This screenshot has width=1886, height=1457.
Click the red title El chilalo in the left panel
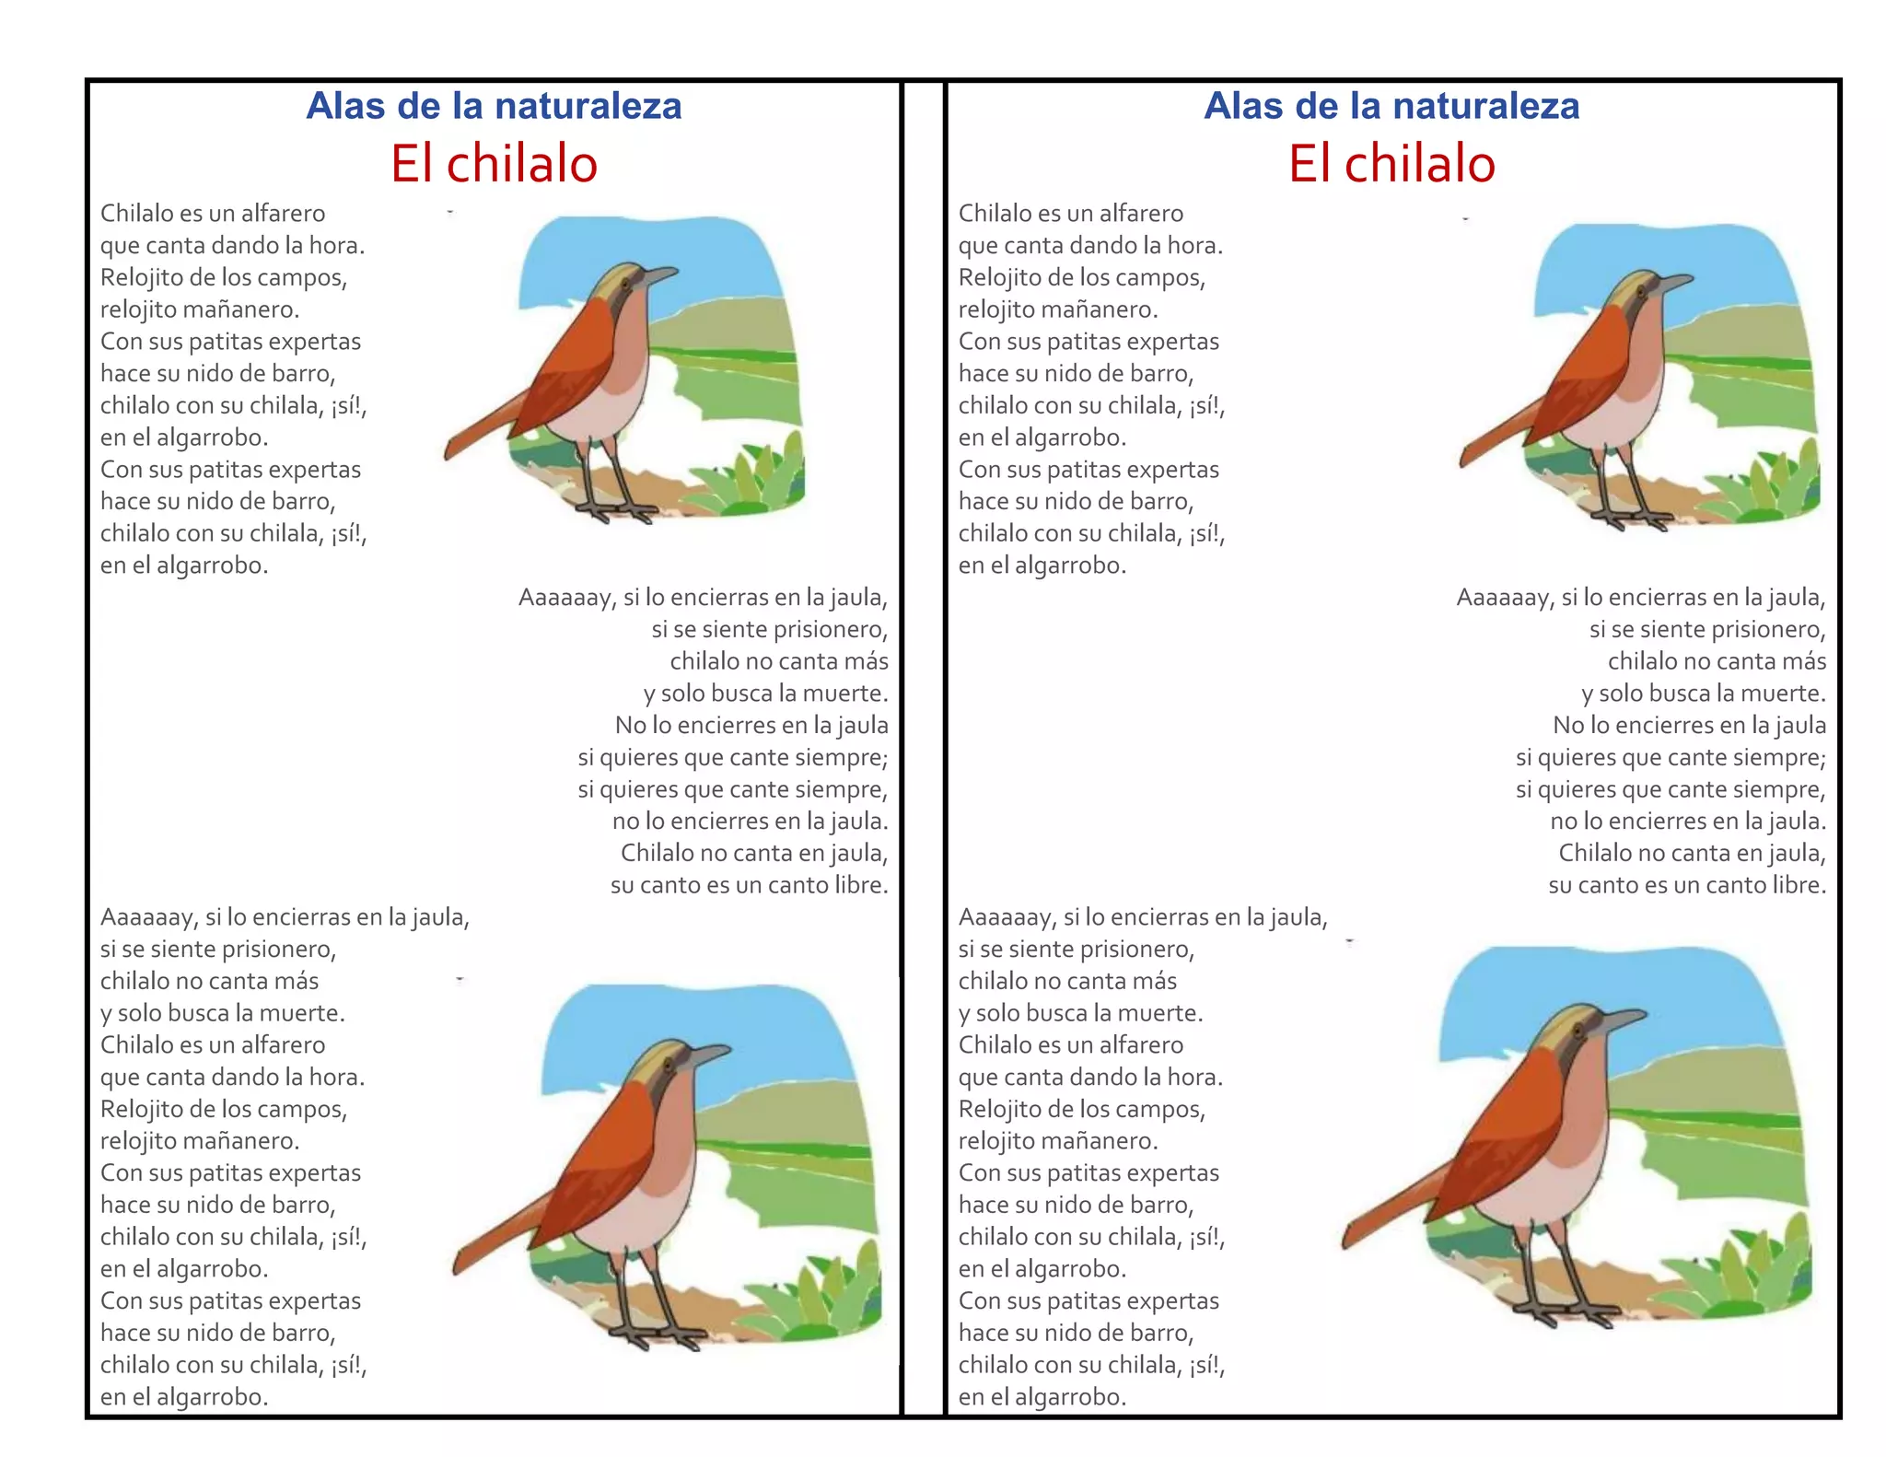[494, 164]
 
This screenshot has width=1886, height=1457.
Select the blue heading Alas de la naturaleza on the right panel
[1391, 106]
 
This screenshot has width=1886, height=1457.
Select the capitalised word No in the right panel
[1567, 726]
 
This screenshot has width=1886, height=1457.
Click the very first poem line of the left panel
[213, 214]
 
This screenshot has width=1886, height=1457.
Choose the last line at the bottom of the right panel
[1042, 1397]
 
